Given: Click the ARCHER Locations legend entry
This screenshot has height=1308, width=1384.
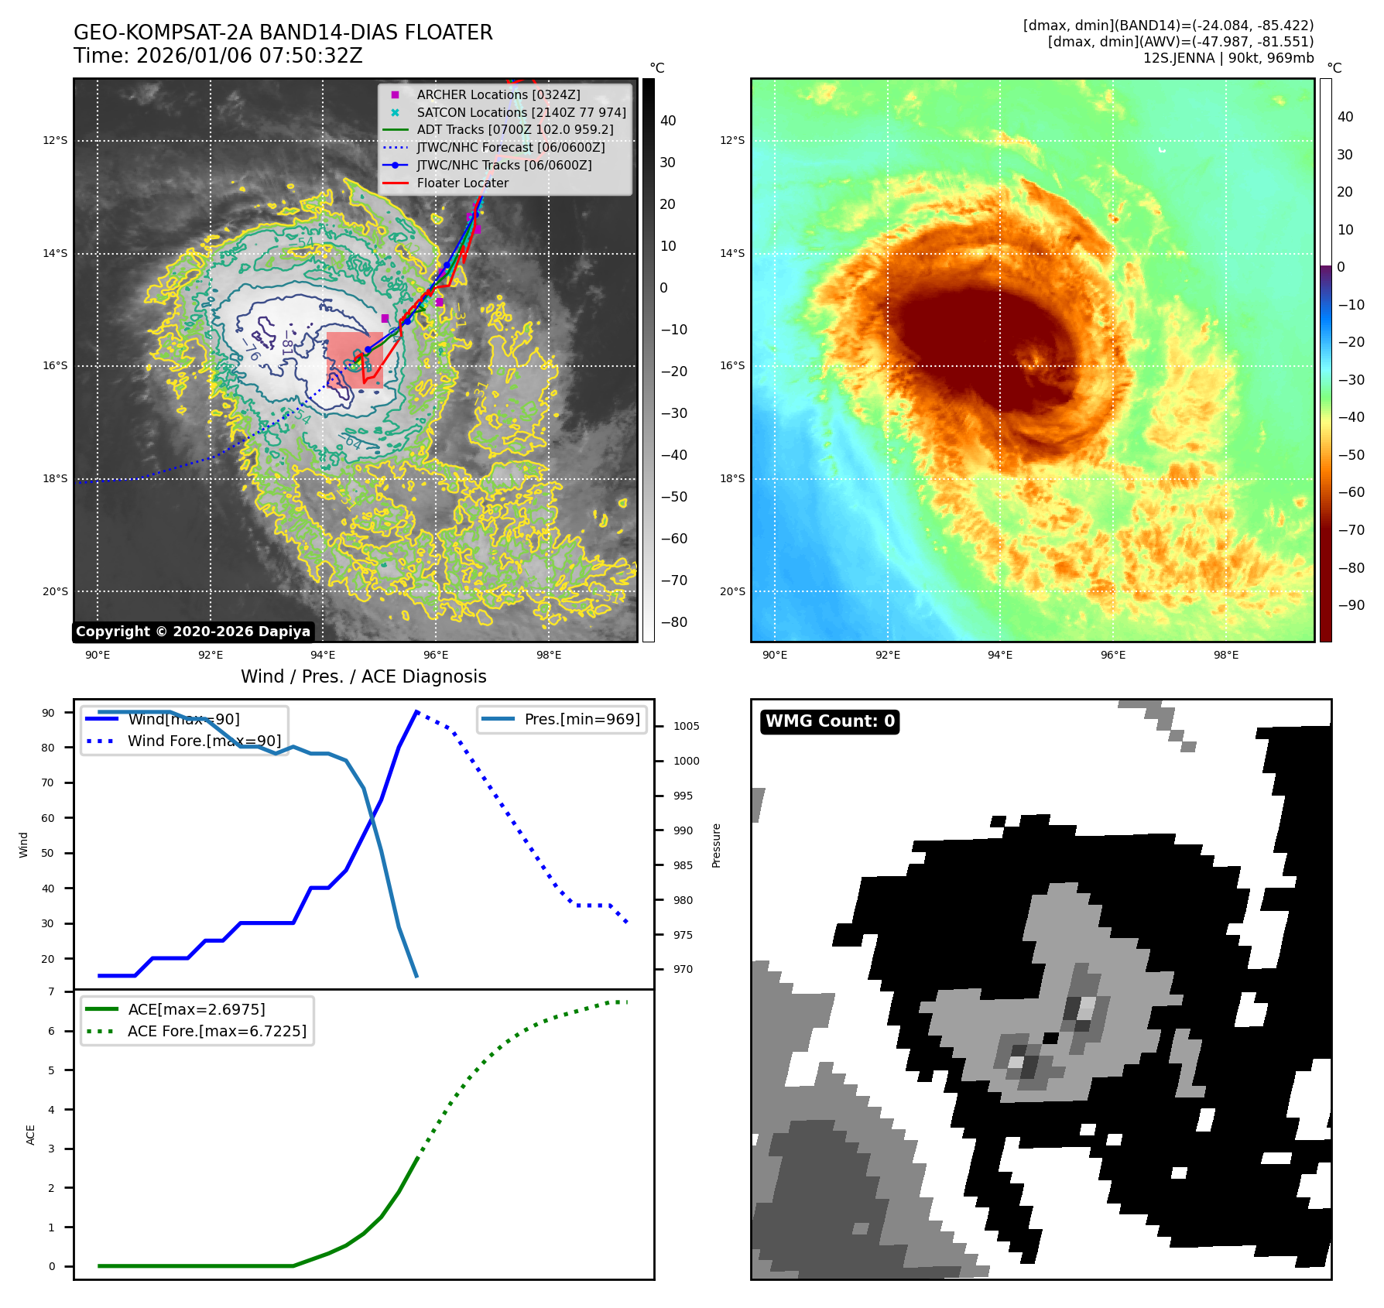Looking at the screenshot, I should click(x=498, y=94).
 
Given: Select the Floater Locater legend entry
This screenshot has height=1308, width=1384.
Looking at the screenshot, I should click(x=462, y=183).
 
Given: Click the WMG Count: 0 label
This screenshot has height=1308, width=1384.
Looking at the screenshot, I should click(x=830, y=721).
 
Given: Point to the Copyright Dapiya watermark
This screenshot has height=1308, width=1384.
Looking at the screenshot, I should click(x=193, y=632).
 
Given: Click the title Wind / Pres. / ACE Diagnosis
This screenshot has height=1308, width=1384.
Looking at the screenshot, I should click(x=363, y=676).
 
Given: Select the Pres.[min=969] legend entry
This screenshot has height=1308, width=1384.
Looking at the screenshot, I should click(x=581, y=719).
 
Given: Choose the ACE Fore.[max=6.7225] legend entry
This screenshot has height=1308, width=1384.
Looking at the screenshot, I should click(x=217, y=1031).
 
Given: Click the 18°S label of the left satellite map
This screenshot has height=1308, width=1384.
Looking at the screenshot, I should click(x=55, y=479).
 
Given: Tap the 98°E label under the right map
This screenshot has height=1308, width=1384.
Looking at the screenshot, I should click(x=1225, y=656).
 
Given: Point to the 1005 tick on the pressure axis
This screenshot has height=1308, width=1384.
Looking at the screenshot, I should click(x=686, y=726).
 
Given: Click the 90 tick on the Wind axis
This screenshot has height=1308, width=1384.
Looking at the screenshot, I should click(x=49, y=713).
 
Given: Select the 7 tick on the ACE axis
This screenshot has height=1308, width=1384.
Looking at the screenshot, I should click(x=52, y=991).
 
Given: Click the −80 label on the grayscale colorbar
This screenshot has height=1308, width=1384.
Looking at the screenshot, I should click(x=673, y=622).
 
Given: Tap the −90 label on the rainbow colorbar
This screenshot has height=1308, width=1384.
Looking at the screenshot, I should click(x=1351, y=605).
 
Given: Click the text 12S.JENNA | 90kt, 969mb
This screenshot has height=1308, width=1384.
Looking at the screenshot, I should click(x=1228, y=58).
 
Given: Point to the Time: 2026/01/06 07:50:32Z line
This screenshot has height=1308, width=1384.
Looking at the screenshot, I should click(x=218, y=56).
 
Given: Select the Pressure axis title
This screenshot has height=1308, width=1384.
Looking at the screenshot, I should click(x=716, y=845).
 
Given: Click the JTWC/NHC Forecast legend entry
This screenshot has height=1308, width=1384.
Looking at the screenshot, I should click(x=510, y=148).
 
